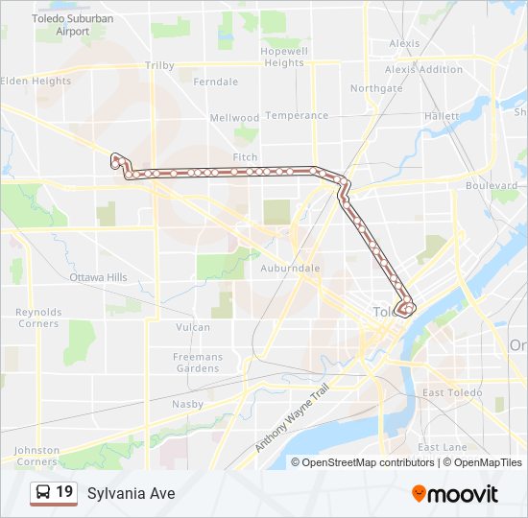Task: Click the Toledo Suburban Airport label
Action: (x=72, y=24)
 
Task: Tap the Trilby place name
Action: (x=159, y=65)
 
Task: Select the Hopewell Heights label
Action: (x=284, y=57)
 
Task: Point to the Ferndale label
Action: (x=215, y=82)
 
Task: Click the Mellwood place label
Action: (x=234, y=118)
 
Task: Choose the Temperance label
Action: (x=297, y=115)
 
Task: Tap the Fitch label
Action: (x=245, y=156)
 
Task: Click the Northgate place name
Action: (x=376, y=88)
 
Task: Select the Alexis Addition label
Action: (x=423, y=69)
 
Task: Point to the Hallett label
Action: (x=442, y=115)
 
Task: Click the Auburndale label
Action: (x=290, y=269)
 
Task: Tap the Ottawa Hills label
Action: (x=98, y=277)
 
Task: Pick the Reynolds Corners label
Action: (x=38, y=318)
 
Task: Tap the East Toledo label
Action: (x=445, y=393)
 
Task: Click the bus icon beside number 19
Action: (x=43, y=493)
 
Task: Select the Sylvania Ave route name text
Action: (x=131, y=493)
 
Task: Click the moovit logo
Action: (x=454, y=494)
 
